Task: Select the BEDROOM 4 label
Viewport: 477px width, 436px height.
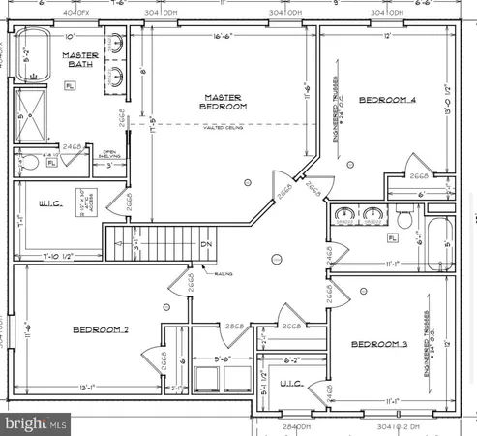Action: pyautogui.click(x=387, y=100)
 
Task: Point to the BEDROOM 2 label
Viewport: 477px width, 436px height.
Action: pyautogui.click(x=102, y=330)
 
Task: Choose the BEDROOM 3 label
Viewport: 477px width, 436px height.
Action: pyautogui.click(x=378, y=345)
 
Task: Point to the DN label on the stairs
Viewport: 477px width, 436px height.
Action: pyautogui.click(x=207, y=244)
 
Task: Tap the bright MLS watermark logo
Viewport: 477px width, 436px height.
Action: pyautogui.click(x=37, y=423)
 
